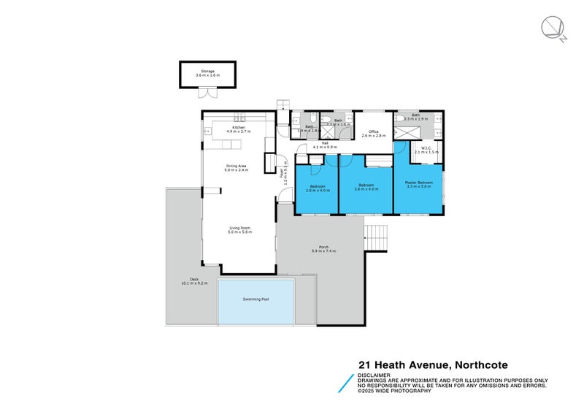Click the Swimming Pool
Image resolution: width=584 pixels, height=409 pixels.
[x=255, y=300]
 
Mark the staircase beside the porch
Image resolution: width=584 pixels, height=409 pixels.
[x=376, y=237]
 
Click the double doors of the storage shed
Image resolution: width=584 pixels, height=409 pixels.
[x=204, y=93]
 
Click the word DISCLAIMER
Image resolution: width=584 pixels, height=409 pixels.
[x=373, y=375]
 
